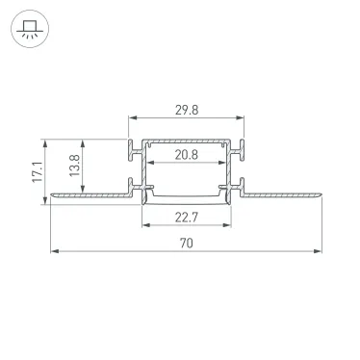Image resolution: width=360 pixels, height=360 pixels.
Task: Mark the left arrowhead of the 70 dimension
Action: click(x=53, y=252)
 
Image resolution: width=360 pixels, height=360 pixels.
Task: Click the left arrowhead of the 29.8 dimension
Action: click(x=132, y=120)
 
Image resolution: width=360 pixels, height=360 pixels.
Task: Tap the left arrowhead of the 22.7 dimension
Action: click(x=145, y=225)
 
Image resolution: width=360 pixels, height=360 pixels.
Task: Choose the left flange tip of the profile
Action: click(x=51, y=196)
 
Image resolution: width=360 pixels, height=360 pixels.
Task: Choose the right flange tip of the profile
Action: click(x=321, y=196)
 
